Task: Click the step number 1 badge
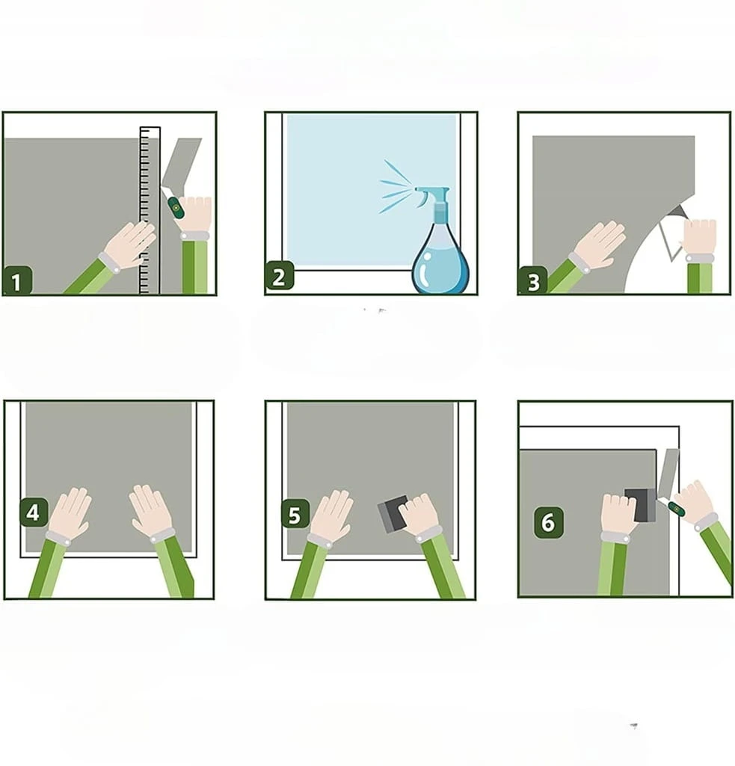pos(17,281)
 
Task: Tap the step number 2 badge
pos(280,275)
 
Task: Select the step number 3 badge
pos(533,281)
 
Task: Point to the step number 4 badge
pos(34,512)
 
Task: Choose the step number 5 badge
pos(295,514)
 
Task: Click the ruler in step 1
pos(150,210)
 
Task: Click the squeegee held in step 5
pos(393,513)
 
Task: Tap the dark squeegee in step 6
pos(641,505)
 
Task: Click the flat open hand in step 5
pos(331,516)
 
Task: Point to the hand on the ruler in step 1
pos(129,245)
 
